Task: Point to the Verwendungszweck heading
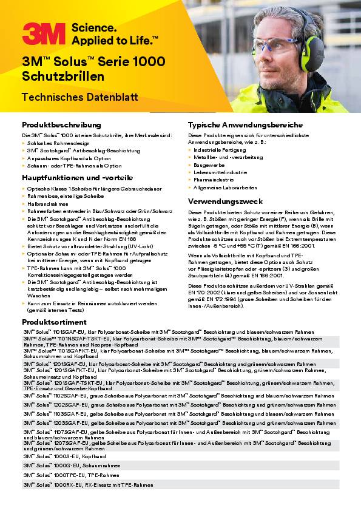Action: coord(225,200)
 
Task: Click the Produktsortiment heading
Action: coord(54,322)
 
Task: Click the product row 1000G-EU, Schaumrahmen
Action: coord(69,465)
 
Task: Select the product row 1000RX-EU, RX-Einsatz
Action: coord(88,485)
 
